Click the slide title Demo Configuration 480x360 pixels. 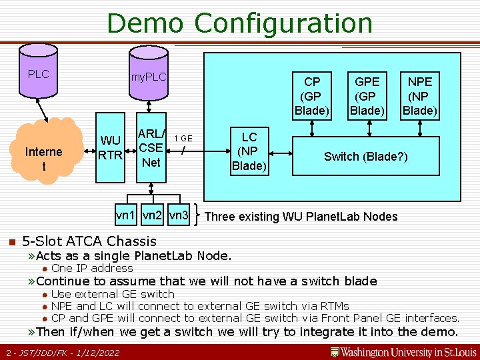pos(239,23)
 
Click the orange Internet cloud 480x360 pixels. pos(43,159)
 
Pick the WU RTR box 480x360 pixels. pos(110,149)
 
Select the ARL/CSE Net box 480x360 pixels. pos(151,148)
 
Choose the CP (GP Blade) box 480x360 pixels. pos(312,95)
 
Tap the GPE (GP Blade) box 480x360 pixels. pos(367,95)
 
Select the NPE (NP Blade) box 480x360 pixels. pos(419,95)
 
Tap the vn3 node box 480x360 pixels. pos(178,215)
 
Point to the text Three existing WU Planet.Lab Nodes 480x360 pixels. pos(301,216)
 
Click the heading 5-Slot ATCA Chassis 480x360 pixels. pos(89,241)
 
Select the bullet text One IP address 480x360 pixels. pos(92,268)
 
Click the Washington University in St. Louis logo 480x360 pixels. pos(403,351)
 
